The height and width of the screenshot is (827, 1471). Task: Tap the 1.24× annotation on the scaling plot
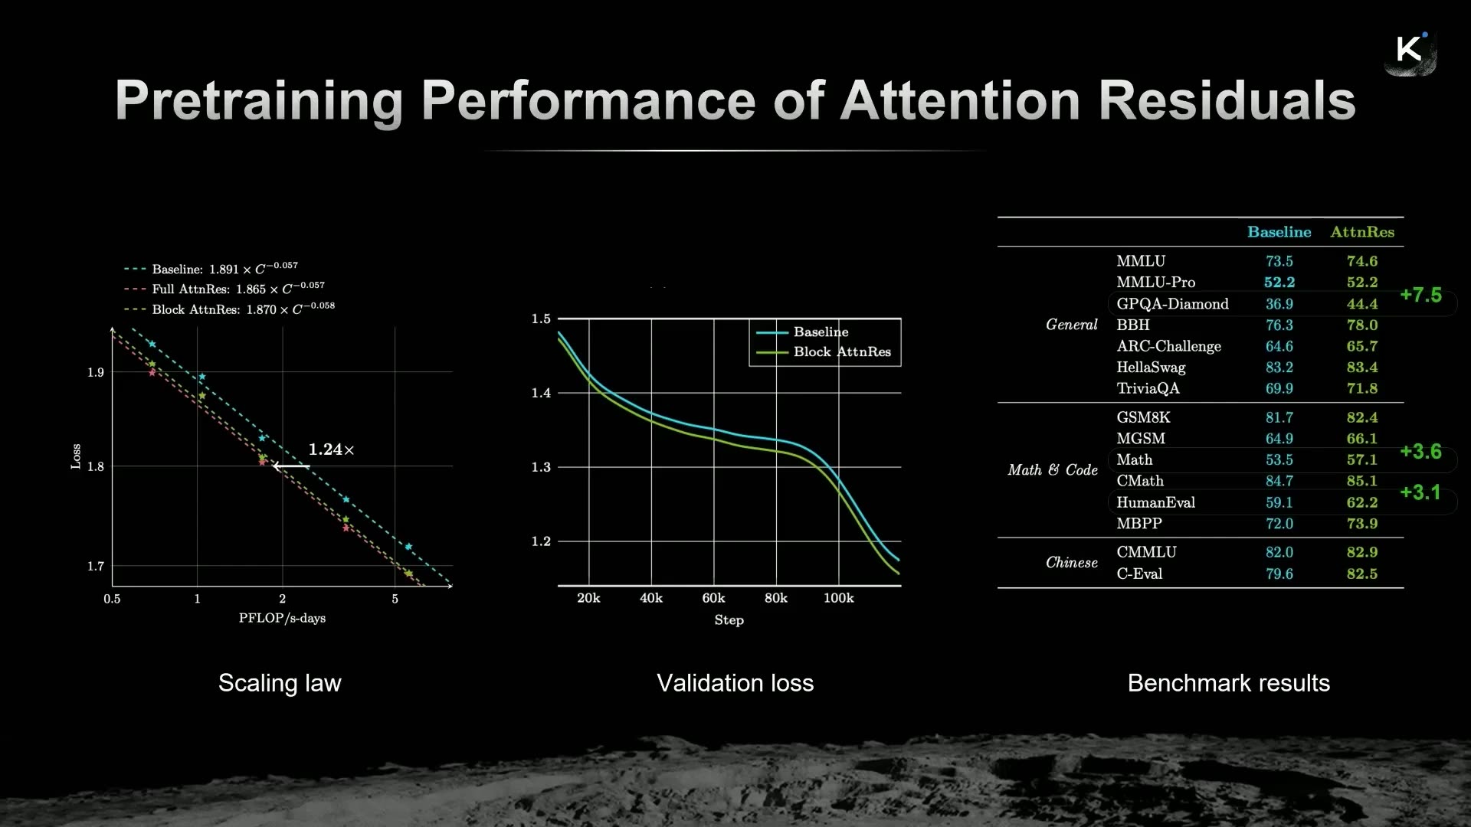click(x=331, y=449)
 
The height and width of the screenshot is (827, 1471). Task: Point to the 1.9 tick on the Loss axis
click(x=95, y=372)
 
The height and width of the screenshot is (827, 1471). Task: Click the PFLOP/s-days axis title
click(x=282, y=618)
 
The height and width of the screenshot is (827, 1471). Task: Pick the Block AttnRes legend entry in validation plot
click(x=824, y=351)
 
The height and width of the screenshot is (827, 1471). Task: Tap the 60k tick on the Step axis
click(x=713, y=598)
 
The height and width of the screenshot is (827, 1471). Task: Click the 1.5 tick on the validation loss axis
click(x=541, y=319)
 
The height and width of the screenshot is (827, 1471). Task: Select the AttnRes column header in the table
click(x=1362, y=232)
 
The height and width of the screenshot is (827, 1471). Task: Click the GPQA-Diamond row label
click(x=1172, y=304)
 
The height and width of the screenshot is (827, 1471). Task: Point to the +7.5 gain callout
click(x=1420, y=295)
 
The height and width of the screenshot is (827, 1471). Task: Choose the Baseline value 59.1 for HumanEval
click(x=1279, y=502)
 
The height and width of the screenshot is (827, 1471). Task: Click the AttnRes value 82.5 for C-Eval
click(x=1361, y=574)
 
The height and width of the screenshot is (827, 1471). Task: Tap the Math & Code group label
click(x=1053, y=470)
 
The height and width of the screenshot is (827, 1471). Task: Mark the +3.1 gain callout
click(x=1420, y=492)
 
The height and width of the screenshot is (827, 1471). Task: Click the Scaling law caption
click(x=280, y=682)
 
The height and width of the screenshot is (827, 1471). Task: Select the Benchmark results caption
click(x=1228, y=682)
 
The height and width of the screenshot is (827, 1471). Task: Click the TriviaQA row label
click(x=1148, y=388)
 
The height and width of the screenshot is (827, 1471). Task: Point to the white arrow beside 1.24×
click(x=291, y=466)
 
